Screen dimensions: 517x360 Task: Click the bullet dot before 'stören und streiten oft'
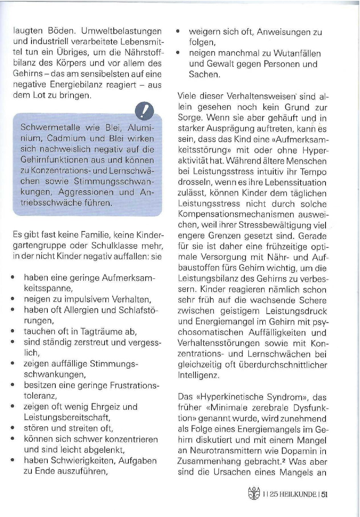[x=13, y=429]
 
